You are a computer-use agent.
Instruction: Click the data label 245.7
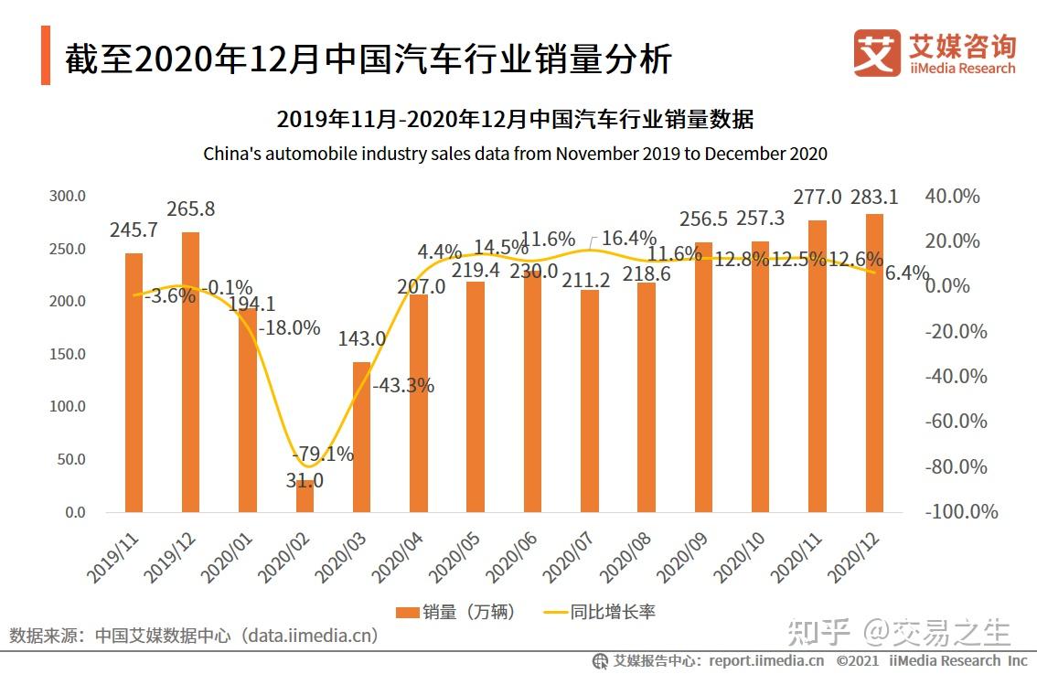[x=134, y=231]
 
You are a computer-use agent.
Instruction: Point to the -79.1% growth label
[x=322, y=455]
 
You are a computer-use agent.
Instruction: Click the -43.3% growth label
[x=402, y=386]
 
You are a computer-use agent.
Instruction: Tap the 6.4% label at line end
[x=906, y=273]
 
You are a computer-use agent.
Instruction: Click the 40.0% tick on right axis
[x=952, y=197]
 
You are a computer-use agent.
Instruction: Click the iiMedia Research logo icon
[x=876, y=53]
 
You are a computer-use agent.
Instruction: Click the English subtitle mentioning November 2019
[x=515, y=153]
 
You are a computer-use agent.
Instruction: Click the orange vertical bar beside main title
[x=45, y=57]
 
